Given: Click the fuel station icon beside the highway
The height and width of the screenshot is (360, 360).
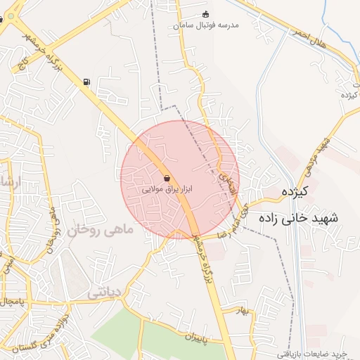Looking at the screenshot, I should tap(86, 82).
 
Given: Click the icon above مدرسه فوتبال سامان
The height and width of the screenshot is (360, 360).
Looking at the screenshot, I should tap(205, 14).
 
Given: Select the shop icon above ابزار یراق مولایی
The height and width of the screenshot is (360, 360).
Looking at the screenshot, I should tap(167, 178).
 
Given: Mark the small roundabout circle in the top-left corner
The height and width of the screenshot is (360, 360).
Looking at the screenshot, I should tap(1, 20).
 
